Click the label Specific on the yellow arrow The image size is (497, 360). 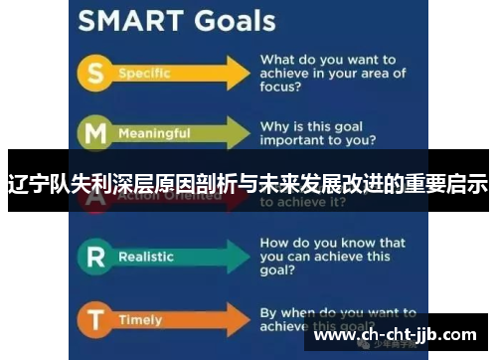[144, 74]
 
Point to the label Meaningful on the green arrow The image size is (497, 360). [154, 133]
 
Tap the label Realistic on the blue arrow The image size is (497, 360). [146, 257]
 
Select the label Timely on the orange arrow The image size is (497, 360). [139, 320]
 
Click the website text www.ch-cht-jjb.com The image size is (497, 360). [395, 334]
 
